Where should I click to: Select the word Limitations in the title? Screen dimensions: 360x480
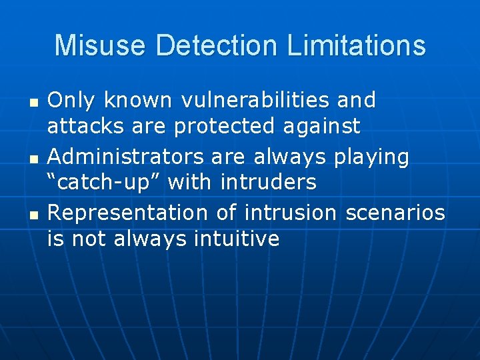point(357,45)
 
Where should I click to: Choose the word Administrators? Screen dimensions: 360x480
point(126,157)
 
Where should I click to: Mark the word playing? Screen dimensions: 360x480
point(371,158)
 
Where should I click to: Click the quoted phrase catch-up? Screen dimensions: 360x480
point(106,181)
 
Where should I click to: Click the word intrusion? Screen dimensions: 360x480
point(291,213)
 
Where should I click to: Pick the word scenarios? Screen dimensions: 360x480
point(395,213)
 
